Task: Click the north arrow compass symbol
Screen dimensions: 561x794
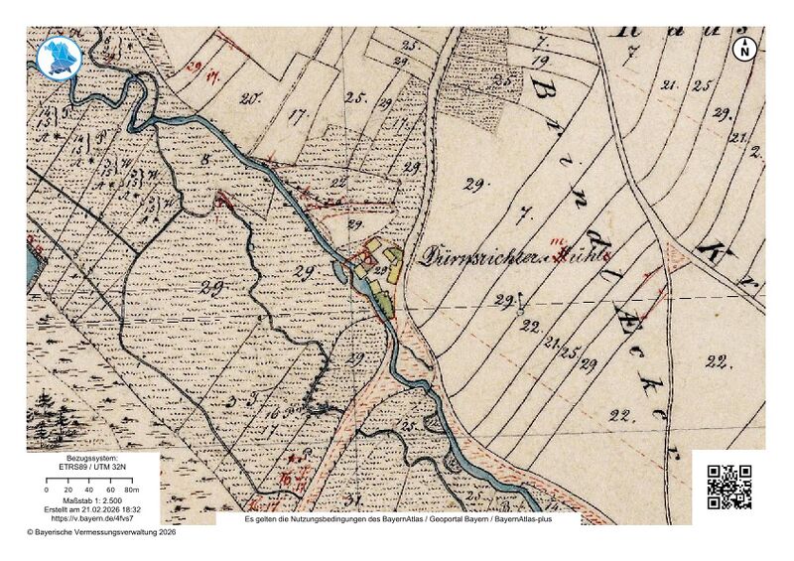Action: tap(745, 48)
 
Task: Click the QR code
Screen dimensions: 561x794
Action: tap(729, 487)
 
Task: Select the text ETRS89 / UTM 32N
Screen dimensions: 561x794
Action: tap(91, 469)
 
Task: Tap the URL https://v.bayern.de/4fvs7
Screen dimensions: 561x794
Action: tap(91, 517)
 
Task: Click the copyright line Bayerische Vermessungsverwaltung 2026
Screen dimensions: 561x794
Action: tap(101, 532)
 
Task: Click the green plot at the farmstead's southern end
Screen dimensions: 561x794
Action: tap(382, 295)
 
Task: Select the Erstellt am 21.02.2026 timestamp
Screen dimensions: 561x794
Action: tap(91, 508)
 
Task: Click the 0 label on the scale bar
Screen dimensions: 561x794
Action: tap(48, 491)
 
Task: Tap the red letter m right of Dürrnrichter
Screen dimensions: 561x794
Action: tap(558, 241)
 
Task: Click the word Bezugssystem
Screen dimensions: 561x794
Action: tap(91, 459)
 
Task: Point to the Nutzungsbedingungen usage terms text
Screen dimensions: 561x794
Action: tap(397, 519)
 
